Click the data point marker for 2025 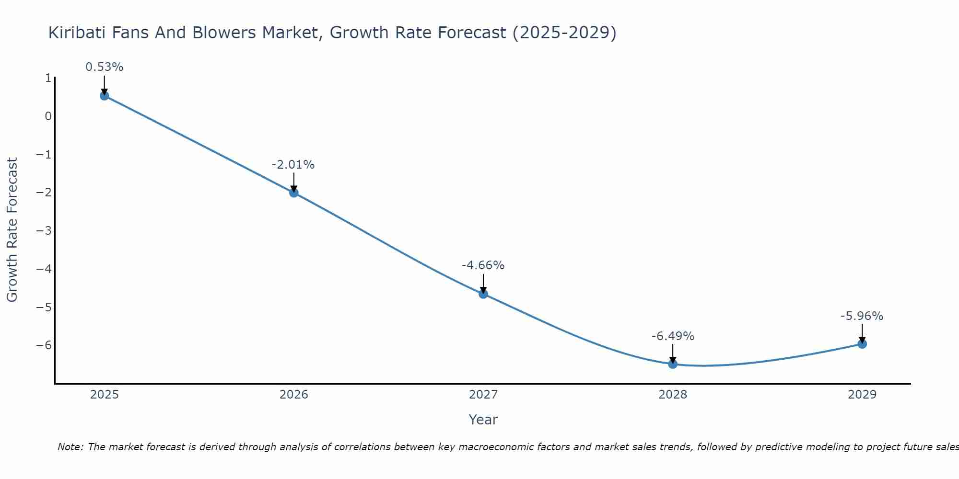tap(105, 96)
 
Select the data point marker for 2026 tap(294, 193)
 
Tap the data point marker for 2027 tap(483, 294)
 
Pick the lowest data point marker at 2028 tap(673, 364)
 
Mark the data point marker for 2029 tap(862, 343)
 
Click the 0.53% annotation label tap(105, 67)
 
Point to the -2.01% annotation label tap(293, 165)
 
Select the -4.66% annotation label tap(483, 265)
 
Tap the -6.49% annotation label tap(673, 336)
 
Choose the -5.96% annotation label tap(862, 316)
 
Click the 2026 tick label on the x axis tap(294, 395)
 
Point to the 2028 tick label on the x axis tap(673, 395)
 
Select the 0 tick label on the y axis tap(48, 116)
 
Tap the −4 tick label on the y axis tap(44, 269)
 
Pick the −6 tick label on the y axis tap(44, 345)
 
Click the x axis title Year tap(483, 420)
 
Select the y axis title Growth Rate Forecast tap(12, 229)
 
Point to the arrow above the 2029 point tap(862, 333)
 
